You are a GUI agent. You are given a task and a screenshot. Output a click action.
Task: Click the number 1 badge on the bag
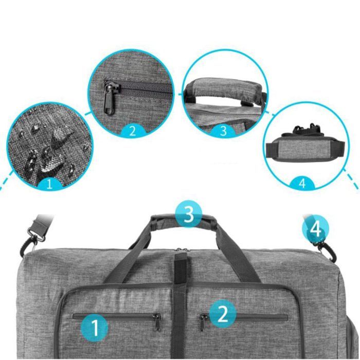pos(95,328)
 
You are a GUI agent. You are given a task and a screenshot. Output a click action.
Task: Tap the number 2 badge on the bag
pos(223,313)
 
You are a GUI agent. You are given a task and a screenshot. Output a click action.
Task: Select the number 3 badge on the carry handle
pos(189,214)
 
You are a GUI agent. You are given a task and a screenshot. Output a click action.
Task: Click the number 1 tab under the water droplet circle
pos(49,184)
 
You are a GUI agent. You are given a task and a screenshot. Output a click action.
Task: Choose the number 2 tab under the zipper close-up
pos(133,131)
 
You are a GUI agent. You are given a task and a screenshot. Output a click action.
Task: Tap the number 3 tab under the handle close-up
pos(223,131)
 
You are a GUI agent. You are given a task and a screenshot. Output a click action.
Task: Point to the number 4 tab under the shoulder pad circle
pos(302,183)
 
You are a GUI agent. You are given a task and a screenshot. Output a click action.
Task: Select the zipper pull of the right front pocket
pos(202,322)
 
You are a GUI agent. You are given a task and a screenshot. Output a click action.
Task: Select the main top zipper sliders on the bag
pos(182,249)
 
